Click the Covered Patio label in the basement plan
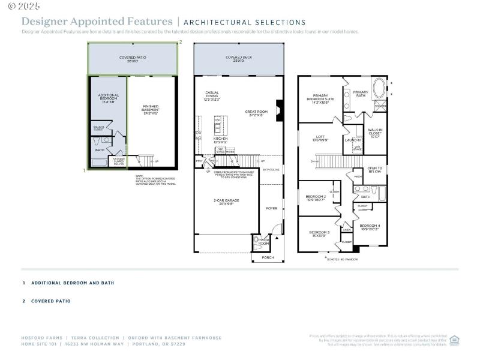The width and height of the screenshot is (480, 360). [133, 59]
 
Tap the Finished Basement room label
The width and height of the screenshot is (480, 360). [151, 110]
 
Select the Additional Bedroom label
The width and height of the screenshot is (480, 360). [109, 99]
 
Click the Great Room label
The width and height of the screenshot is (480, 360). [255, 112]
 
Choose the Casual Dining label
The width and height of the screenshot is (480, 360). [212, 97]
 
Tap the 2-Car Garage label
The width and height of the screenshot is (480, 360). [227, 202]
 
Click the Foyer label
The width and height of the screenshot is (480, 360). [272, 208]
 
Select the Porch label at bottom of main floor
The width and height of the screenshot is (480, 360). [268, 257]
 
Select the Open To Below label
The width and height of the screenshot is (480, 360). [375, 170]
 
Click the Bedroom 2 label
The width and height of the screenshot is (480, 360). [316, 197]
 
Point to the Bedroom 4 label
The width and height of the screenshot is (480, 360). [370, 227]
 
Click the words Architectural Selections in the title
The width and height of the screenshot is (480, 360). [245, 22]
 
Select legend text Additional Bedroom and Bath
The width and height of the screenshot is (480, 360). [73, 283]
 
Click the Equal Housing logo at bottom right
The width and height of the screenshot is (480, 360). [454, 340]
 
